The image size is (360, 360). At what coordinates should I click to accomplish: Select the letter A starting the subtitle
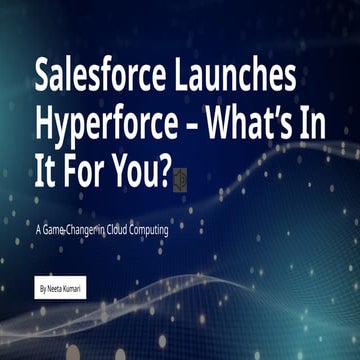(37, 231)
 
